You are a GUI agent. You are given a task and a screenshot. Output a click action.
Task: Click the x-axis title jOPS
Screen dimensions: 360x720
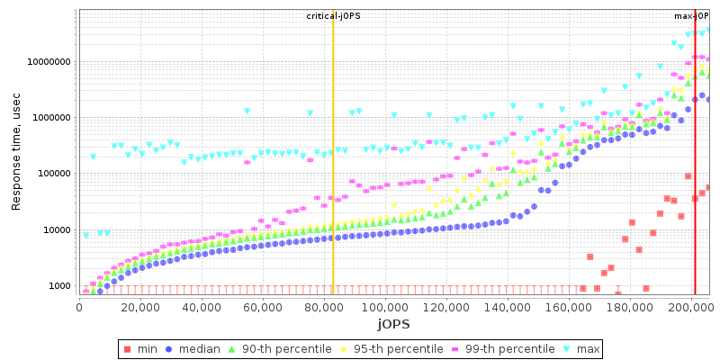point(394,324)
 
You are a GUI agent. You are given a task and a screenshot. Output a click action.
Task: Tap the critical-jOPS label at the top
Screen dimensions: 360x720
point(333,16)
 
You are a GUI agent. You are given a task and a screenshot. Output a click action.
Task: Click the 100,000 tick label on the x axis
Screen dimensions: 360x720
point(385,306)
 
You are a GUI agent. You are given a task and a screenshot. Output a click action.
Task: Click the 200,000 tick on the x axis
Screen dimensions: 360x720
point(691,306)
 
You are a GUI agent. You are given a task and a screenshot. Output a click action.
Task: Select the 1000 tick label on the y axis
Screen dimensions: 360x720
point(61,286)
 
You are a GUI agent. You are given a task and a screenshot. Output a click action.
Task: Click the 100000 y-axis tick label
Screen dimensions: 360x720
point(53,174)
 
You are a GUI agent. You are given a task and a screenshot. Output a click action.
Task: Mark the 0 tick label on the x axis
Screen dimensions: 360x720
point(79,306)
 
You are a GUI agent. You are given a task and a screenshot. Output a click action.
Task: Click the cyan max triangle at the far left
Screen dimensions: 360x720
point(85,235)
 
